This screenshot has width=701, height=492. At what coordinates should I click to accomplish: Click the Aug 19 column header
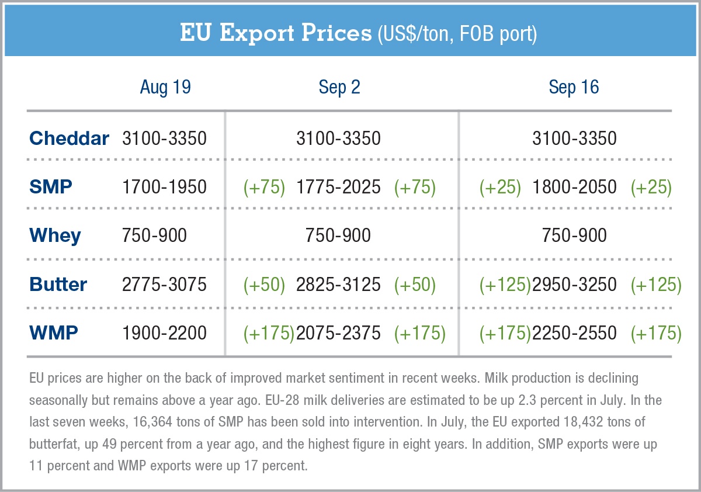(165, 88)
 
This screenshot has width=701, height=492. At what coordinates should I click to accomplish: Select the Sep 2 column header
(339, 88)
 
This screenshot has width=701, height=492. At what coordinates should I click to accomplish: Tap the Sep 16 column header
(574, 88)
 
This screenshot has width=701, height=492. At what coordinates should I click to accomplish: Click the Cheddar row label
(69, 138)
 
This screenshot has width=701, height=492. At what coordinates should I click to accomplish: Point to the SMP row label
(51, 187)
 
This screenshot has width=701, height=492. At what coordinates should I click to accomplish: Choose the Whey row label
(55, 235)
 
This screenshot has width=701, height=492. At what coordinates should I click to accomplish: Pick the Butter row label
(58, 285)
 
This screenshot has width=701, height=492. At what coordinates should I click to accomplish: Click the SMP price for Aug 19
(164, 187)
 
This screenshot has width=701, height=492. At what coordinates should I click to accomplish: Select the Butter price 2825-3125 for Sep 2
(338, 285)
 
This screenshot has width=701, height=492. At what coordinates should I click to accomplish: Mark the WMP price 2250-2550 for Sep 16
(574, 333)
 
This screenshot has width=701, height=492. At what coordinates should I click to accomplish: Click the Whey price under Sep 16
(574, 235)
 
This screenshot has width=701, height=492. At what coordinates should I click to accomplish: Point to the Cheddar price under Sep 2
(338, 138)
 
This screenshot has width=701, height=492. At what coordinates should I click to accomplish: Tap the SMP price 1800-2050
(574, 187)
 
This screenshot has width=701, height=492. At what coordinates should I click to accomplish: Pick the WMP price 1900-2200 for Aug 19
(164, 333)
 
